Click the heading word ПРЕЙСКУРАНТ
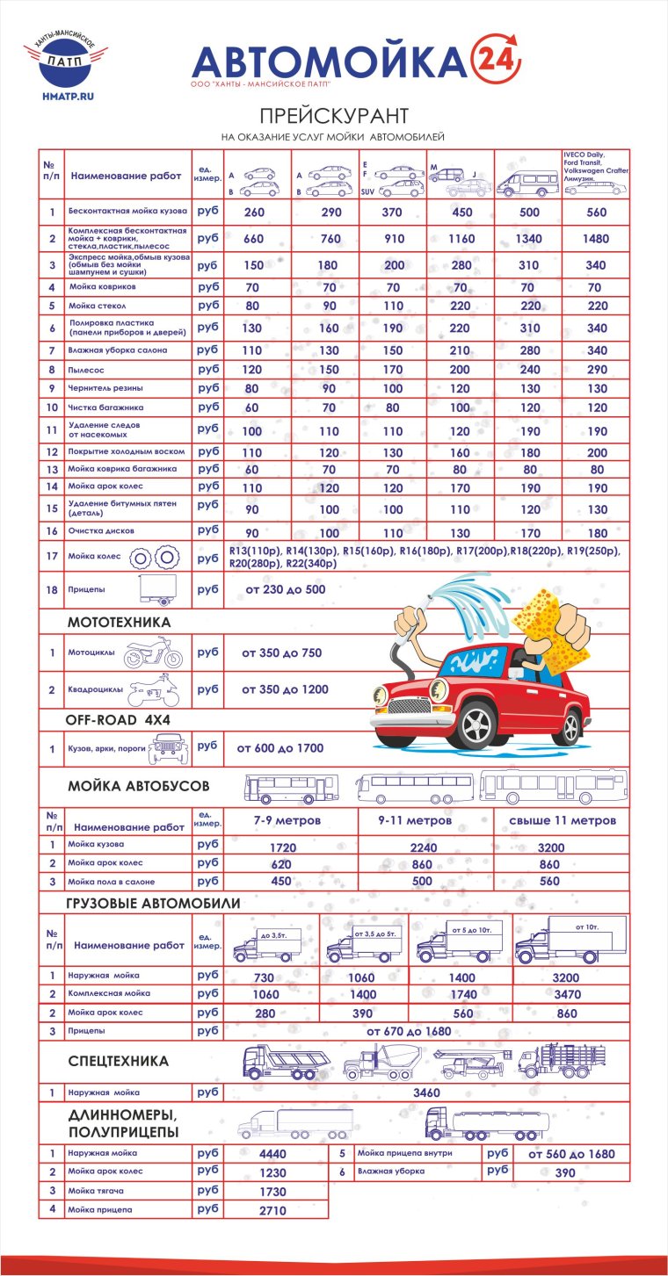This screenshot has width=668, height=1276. pyautogui.click(x=334, y=116)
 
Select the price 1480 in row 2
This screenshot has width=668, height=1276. pyautogui.click(x=595, y=239)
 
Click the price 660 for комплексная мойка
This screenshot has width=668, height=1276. pyautogui.click(x=254, y=239)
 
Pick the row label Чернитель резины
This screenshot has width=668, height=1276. pyautogui.click(x=105, y=388)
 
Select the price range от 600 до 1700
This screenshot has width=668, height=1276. pyautogui.click(x=280, y=748)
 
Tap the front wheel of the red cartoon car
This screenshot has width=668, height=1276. pyautogui.click(x=476, y=725)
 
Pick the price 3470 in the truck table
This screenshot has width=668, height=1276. pyautogui.click(x=570, y=994)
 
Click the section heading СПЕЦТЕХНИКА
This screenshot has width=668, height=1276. pyautogui.click(x=118, y=1062)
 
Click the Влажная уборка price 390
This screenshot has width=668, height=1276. pyautogui.click(x=565, y=1173)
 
